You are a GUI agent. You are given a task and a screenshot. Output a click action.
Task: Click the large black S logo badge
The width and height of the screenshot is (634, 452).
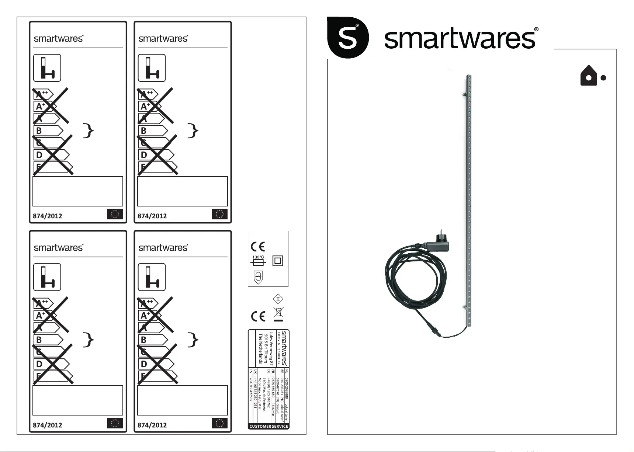(347, 37)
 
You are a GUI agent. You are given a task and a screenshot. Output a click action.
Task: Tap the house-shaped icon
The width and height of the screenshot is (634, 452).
(589, 76)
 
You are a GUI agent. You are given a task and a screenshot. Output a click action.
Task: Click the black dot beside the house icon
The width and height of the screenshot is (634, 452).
(603, 78)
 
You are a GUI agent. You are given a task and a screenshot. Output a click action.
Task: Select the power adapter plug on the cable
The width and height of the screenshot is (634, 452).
(439, 245)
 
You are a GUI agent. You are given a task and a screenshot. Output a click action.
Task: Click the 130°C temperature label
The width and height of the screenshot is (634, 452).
(258, 257)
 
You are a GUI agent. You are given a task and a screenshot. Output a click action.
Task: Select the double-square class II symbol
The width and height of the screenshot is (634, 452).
(277, 261)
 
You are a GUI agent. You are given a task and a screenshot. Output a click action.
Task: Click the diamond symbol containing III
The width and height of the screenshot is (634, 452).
(278, 299)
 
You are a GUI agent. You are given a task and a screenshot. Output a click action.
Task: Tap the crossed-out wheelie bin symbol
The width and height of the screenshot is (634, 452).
(278, 314)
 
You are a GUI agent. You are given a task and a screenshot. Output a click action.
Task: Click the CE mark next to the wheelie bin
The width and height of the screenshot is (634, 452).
(258, 316)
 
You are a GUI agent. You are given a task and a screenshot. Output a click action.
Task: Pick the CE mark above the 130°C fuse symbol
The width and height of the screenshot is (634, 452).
(258, 246)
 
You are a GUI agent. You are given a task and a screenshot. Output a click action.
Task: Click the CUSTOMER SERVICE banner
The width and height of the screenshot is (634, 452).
(269, 426)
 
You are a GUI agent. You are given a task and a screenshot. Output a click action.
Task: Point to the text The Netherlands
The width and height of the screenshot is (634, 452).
(260, 349)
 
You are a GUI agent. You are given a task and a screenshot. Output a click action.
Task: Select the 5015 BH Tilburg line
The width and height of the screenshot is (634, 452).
(266, 348)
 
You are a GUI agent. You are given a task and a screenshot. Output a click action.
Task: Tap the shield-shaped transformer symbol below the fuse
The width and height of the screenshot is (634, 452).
(258, 277)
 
